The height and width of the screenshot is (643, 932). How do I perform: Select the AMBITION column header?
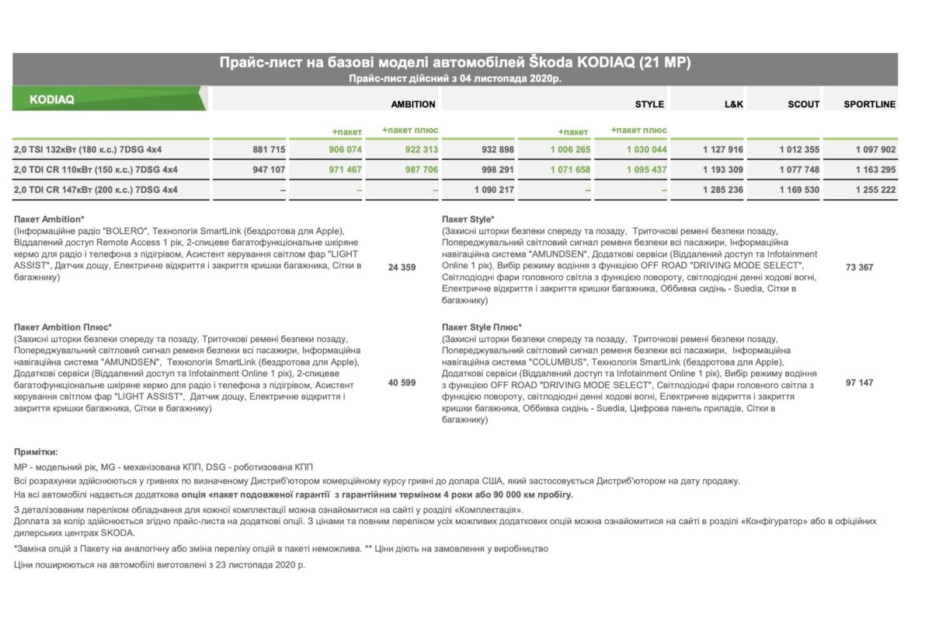click(x=413, y=104)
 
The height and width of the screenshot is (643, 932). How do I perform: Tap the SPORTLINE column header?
click(x=869, y=104)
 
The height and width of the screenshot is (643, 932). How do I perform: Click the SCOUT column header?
click(x=803, y=104)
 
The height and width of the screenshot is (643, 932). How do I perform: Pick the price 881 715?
click(x=269, y=149)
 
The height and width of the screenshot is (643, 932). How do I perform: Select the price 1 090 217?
click(x=494, y=190)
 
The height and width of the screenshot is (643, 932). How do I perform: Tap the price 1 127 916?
click(x=723, y=149)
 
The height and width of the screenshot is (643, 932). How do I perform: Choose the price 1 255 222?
click(x=875, y=190)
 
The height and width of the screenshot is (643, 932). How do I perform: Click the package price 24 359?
click(x=402, y=267)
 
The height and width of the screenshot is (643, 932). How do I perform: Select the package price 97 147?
click(x=859, y=383)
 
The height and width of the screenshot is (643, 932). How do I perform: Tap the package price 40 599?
click(x=402, y=383)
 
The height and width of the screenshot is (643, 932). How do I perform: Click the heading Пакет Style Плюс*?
click(x=482, y=327)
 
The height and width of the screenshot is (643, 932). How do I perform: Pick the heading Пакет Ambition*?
click(x=50, y=219)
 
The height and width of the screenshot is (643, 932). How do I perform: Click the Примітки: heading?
click(x=36, y=452)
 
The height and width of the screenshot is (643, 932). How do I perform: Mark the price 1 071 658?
click(x=570, y=169)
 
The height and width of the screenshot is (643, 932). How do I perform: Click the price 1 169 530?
click(x=799, y=190)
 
